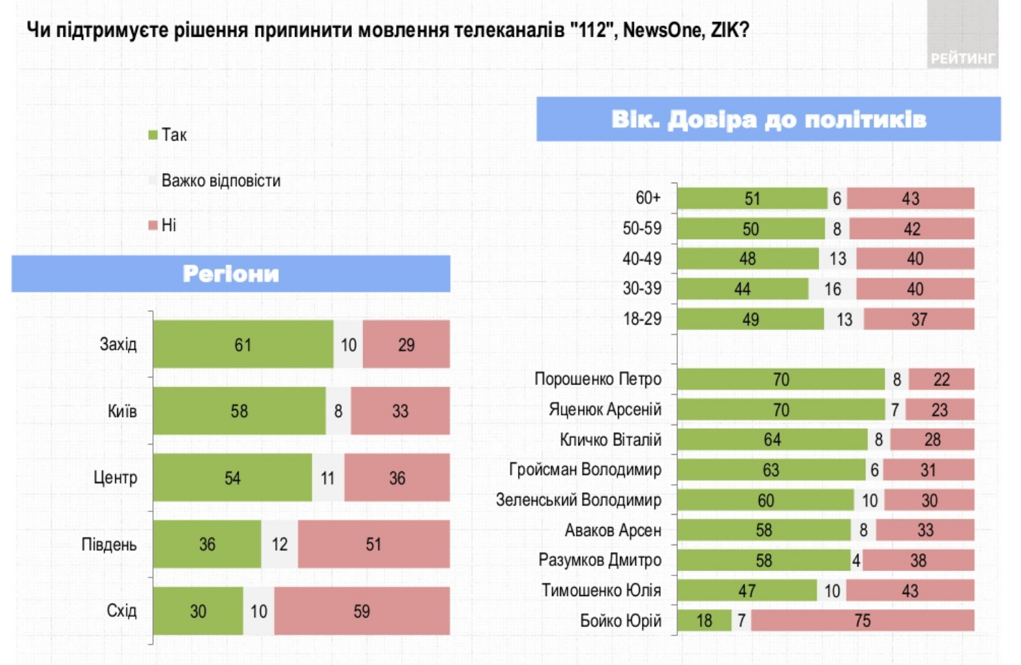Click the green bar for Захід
(243, 344)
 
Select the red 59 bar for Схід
(362, 611)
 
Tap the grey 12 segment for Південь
(279, 544)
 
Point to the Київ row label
(122, 411)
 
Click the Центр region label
(115, 478)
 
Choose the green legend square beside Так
(153, 135)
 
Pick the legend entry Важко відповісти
(220, 181)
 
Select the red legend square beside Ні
(153, 225)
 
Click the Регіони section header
(231, 274)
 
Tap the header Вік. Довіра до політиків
(768, 119)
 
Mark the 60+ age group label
(648, 198)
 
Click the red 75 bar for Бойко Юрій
(862, 620)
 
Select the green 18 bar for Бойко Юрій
(703, 620)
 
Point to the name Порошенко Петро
(597, 379)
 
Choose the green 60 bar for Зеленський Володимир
(765, 500)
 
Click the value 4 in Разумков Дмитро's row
(856, 560)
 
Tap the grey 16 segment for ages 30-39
(832, 289)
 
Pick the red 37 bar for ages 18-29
(918, 319)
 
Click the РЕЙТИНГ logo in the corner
(962, 58)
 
